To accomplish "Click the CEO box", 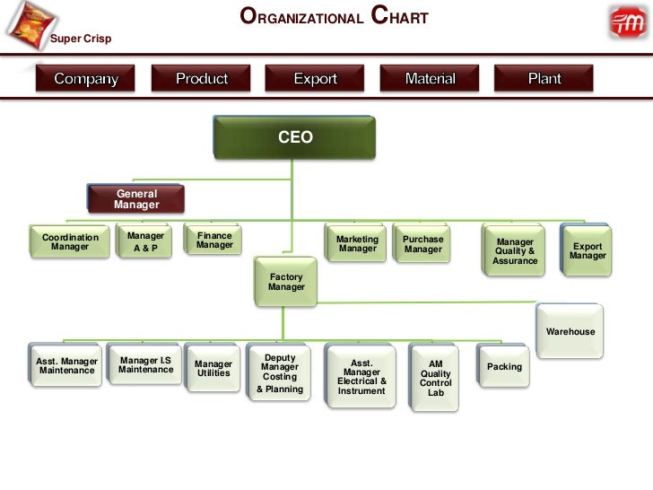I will (295, 137).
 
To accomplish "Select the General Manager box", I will (136, 199).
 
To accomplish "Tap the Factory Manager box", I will (286, 283).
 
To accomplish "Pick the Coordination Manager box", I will (70, 242).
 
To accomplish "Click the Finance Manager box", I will (214, 241).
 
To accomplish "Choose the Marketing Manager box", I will (357, 244).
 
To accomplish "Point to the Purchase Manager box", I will (422, 244).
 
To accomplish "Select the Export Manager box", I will (588, 250).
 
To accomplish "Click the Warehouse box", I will (570, 331).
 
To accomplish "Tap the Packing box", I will (504, 366).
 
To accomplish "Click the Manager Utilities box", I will (213, 368).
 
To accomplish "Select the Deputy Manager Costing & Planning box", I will (280, 373).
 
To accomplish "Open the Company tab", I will (86, 79).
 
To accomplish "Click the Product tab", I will (202, 79).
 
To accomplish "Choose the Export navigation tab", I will (316, 79).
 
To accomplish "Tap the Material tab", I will (430, 79).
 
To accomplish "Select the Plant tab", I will (544, 79).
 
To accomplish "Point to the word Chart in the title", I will (399, 17).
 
